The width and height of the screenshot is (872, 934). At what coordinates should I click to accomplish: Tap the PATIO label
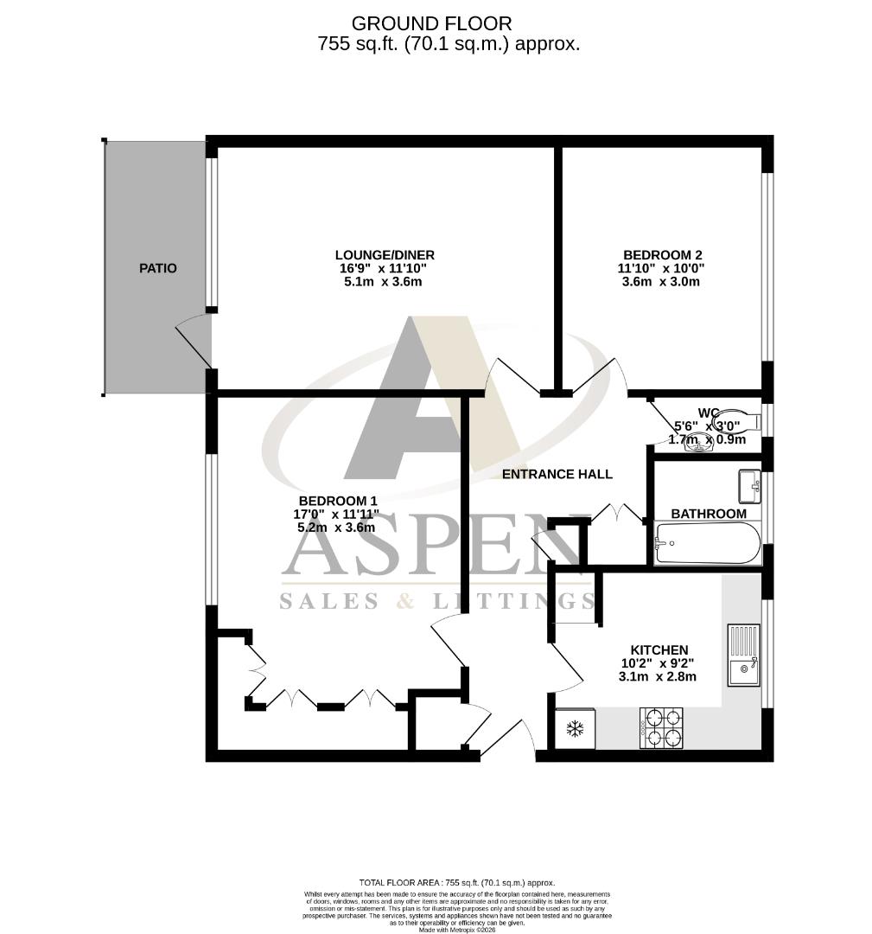click(x=158, y=268)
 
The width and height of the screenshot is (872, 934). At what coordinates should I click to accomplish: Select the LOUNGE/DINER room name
click(x=385, y=254)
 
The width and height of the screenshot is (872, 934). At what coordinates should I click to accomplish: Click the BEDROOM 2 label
click(x=663, y=254)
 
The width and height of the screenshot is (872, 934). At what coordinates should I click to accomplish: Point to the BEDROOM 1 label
click(x=338, y=501)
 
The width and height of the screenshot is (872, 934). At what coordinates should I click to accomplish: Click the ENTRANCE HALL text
click(x=557, y=474)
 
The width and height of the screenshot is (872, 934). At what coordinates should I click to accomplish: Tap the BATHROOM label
click(x=709, y=514)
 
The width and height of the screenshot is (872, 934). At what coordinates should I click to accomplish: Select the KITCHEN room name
click(x=659, y=649)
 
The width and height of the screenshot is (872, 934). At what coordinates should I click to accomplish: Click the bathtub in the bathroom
click(x=708, y=543)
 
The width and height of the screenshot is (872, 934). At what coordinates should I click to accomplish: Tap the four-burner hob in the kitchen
click(x=661, y=727)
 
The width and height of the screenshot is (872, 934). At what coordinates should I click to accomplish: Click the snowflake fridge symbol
click(x=575, y=729)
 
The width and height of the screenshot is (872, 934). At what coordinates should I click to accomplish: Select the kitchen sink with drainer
click(x=743, y=655)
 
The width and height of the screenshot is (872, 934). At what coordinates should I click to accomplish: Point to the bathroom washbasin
click(x=748, y=486)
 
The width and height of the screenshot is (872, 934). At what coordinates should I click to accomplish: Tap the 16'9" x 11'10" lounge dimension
click(x=385, y=268)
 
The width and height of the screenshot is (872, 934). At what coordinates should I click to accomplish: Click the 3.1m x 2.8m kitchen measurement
click(x=659, y=677)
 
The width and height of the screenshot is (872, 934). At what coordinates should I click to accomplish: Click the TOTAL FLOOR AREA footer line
click(x=457, y=883)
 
